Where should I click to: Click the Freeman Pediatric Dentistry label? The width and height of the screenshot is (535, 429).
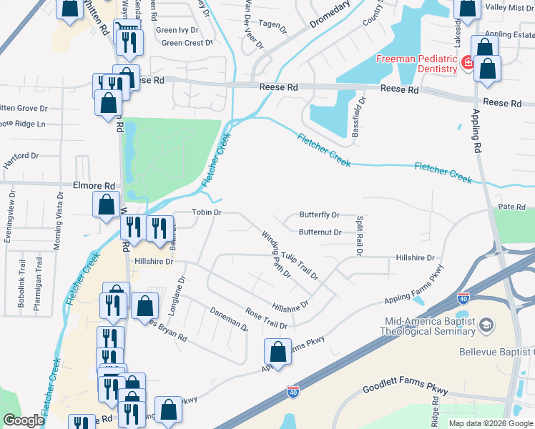coord(417,64)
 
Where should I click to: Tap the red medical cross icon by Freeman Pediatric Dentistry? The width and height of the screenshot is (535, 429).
coord(468,64)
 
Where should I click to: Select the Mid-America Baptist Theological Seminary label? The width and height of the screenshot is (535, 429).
coord(429,327)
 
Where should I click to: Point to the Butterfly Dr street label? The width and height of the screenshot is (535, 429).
coord(319,214)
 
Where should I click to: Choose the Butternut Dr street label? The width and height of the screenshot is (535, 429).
coord(320,232)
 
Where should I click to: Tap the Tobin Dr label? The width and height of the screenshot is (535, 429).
coord(207,212)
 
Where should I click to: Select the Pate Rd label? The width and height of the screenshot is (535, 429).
coord(511,207)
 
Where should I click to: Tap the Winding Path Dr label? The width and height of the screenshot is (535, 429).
coord(275,254)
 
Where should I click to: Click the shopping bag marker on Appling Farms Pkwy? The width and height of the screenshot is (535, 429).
coord(278,352)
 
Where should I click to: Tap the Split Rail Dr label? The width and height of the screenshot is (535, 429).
coord(360,237)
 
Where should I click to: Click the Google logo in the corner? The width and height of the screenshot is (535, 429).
coord(24,420)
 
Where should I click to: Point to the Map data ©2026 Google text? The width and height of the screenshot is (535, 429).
coord(491,423)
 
